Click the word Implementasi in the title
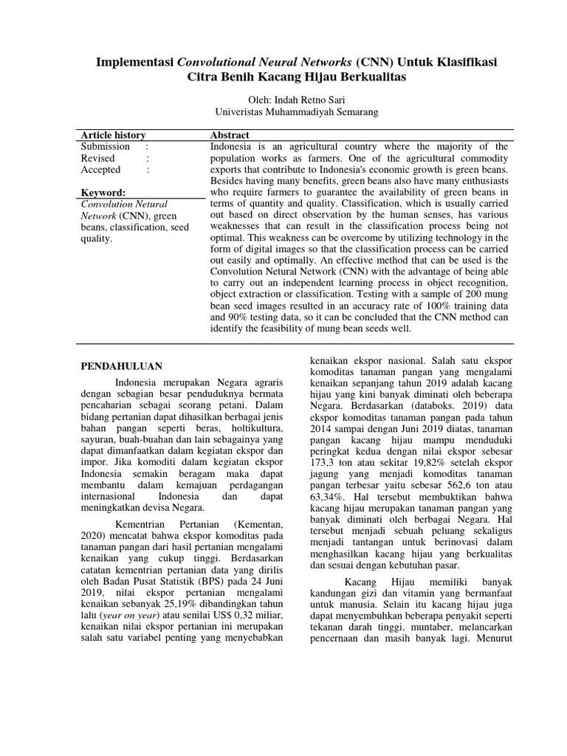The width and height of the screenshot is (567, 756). pos(130,62)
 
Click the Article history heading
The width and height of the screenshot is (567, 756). pos(113,135)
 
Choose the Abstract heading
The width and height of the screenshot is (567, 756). pos(230,135)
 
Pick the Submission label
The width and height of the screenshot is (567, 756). pos(106,147)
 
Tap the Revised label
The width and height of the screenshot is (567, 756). pos(97,158)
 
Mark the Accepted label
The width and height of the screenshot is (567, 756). pos(100,170)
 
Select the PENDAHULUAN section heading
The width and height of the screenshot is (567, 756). pos(121,366)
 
